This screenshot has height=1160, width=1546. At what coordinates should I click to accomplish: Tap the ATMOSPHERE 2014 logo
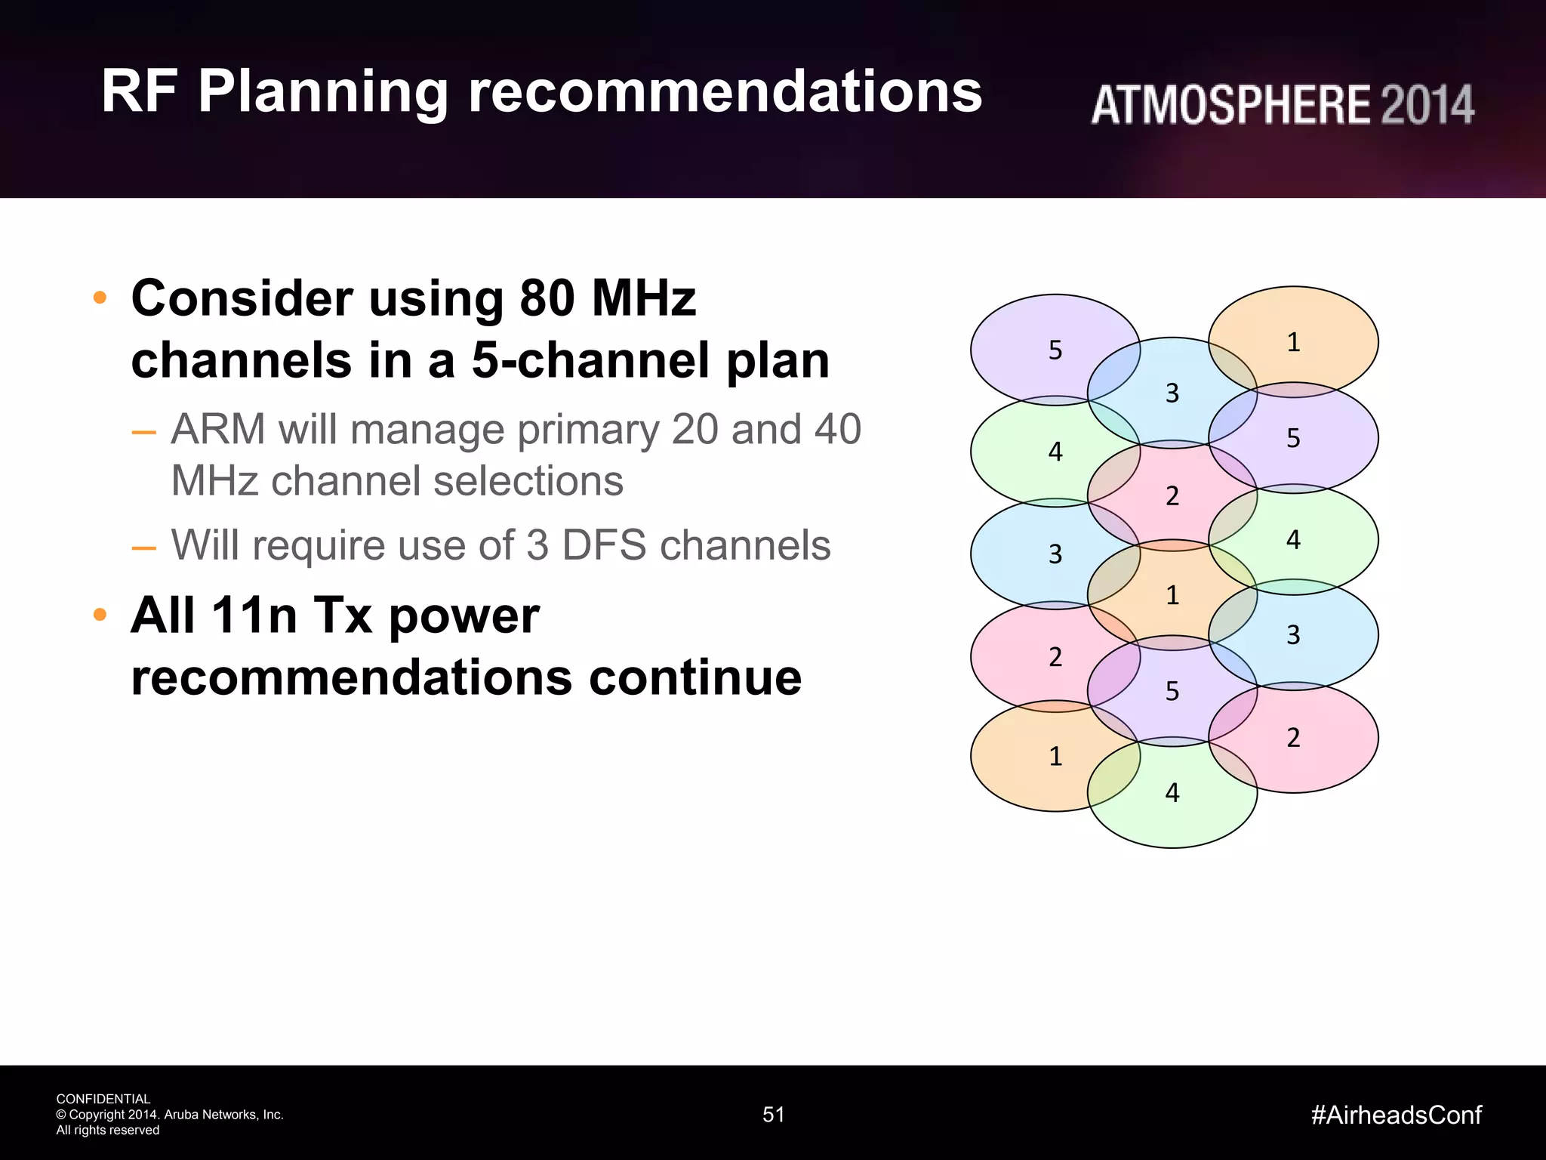coord(1282,105)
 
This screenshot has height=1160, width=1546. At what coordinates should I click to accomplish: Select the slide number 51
coord(773,1115)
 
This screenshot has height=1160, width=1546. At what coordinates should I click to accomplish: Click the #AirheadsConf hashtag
coord(1396,1115)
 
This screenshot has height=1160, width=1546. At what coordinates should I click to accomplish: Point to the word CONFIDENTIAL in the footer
coord(103,1099)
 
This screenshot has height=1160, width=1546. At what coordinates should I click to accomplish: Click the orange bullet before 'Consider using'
coord(100,298)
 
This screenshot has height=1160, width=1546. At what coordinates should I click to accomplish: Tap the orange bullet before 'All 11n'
coord(100,615)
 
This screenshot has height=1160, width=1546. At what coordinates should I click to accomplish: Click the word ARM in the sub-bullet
coord(217,430)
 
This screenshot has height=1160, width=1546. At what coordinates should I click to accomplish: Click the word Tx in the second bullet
coord(342,615)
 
